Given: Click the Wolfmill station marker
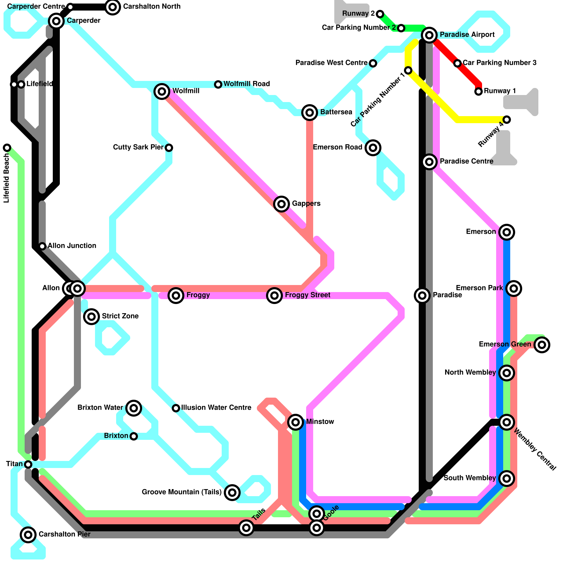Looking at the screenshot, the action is tap(162, 91).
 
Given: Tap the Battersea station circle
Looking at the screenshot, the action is tap(310, 113).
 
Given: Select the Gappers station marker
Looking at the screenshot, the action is tap(281, 204).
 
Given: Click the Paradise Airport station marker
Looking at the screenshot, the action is tap(429, 35).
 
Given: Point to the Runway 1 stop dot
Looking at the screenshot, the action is tap(479, 91).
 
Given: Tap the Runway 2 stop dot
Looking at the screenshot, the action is tap(380, 14).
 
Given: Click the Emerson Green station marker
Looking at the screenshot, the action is tap(542, 345).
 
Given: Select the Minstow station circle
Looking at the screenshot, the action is tap(296, 422).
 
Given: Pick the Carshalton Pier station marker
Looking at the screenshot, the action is tap(28, 535).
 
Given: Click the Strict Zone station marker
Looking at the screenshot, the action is tap(91, 317).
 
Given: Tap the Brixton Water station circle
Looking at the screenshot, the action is tap(134, 408).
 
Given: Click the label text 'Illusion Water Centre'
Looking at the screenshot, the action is tap(216, 408).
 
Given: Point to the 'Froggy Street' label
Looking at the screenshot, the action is tap(308, 295).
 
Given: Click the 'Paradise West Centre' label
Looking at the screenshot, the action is tap(331, 63).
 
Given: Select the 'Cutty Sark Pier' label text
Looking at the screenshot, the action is tap(138, 147).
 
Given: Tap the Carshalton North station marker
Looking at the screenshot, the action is tap(113, 7).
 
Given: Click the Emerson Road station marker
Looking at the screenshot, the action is tap(373, 147).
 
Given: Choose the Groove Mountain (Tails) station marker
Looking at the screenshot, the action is tap(232, 492).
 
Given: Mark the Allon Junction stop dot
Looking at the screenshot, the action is tap(42, 246).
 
